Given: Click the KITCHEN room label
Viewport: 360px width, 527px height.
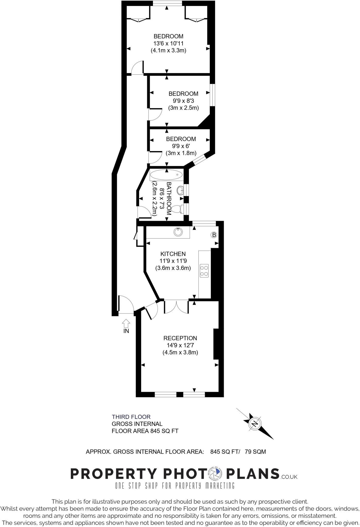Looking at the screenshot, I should (173, 254).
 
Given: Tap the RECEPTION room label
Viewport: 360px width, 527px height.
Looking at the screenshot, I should (180, 338).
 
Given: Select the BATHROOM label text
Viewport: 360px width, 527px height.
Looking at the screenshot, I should (169, 198).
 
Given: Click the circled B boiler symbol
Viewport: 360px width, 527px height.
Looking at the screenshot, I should (214, 235).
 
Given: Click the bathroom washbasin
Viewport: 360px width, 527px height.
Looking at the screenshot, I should (180, 191).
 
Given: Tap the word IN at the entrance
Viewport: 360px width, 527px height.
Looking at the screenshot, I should (126, 331).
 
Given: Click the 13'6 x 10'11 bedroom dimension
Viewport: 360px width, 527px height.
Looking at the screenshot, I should (168, 43).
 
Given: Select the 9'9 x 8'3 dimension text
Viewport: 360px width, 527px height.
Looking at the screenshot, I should (183, 101).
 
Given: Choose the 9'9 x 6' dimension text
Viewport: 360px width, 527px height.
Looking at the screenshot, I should (181, 146).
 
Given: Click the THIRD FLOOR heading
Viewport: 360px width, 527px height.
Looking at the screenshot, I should (131, 417).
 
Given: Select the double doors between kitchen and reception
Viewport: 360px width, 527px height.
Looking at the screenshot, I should (176, 306).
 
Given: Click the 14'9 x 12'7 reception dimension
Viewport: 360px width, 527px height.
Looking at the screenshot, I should (180, 345).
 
